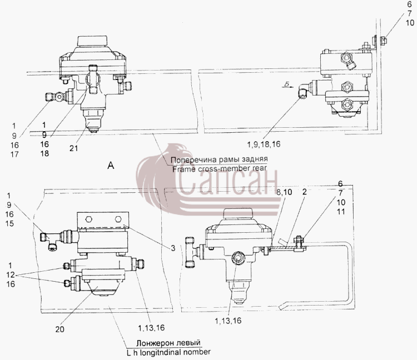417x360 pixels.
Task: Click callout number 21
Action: click(x=73, y=148)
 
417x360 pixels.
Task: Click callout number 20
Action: click(x=60, y=329)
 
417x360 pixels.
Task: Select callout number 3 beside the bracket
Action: click(x=173, y=248)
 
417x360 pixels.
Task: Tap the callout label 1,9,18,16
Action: click(x=264, y=144)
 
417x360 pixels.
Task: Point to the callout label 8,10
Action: click(x=284, y=192)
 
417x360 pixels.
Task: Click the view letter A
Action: click(x=111, y=166)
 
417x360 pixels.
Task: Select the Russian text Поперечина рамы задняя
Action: click(x=219, y=159)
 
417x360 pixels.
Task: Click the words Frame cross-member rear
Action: click(x=220, y=169)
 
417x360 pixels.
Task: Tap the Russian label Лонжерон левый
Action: click(x=168, y=343)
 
